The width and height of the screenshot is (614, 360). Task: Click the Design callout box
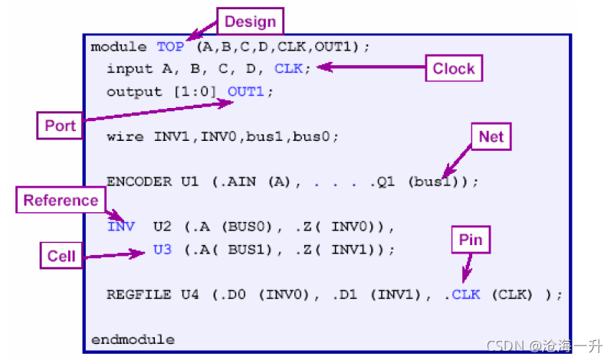tap(250, 21)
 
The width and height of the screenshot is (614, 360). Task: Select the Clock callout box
tap(453, 68)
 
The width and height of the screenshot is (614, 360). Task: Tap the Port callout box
tap(61, 126)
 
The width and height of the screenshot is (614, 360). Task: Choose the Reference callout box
tap(61, 201)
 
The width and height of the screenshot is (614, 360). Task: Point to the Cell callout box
tap(61, 255)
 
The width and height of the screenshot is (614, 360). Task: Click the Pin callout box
tap(471, 241)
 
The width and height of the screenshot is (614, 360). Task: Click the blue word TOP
tap(170, 47)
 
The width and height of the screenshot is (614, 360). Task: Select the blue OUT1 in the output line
tap(249, 91)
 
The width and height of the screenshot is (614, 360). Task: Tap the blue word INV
tap(121, 227)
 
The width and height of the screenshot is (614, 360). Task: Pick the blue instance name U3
tap(163, 249)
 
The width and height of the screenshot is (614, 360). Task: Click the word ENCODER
tap(140, 182)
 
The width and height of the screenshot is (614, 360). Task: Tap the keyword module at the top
tap(118, 47)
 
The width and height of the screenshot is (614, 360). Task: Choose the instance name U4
tap(189, 294)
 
